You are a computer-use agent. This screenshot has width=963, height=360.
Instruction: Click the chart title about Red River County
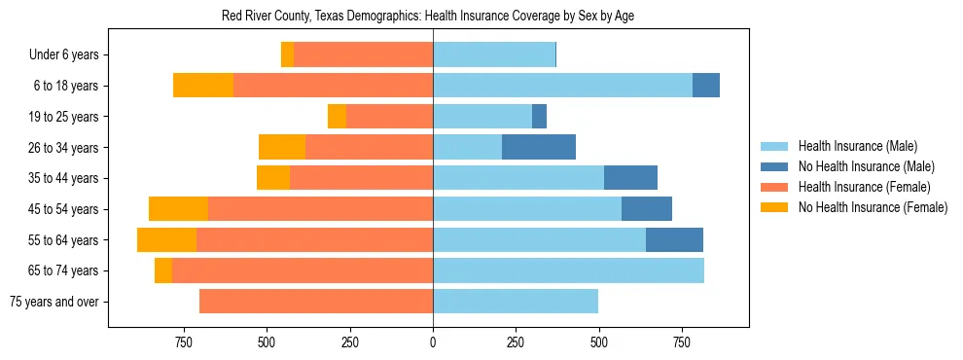[428, 17]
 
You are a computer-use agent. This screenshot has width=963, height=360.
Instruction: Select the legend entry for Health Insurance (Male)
[857, 146]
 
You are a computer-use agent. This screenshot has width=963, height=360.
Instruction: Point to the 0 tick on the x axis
[433, 342]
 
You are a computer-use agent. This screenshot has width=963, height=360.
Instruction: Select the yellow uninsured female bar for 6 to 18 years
[203, 86]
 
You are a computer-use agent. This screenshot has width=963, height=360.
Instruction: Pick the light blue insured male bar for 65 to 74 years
[568, 270]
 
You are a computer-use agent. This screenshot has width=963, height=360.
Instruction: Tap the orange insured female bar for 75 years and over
[316, 302]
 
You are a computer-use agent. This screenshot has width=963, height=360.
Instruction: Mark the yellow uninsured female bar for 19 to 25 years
[337, 117]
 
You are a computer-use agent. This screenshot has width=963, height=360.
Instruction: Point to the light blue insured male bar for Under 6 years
[494, 55]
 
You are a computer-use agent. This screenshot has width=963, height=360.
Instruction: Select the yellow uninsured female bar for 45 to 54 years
[178, 209]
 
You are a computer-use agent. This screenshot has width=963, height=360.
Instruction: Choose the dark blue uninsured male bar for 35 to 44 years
[630, 178]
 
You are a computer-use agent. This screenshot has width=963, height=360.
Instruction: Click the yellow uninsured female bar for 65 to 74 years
[163, 270]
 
